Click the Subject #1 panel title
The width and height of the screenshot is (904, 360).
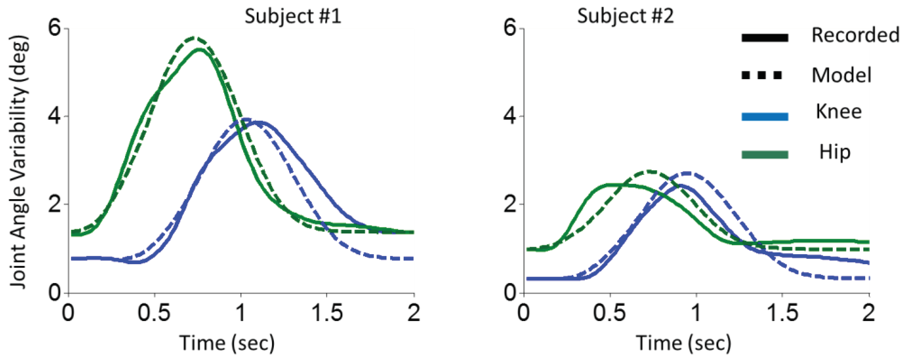293,16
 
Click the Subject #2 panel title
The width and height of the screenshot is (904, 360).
625,16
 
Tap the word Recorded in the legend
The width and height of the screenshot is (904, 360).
855,35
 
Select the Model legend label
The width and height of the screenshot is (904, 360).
841,75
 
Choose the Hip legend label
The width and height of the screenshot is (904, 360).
835,152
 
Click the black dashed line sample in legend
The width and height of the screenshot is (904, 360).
762,75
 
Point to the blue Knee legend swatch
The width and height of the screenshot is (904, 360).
765,117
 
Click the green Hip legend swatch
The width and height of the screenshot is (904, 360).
765,155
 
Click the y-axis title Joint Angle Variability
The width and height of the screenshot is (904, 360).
18,162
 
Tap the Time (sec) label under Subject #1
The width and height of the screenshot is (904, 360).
227,343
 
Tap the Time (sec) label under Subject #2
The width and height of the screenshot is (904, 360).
684,343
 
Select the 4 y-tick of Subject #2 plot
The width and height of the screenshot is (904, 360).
510,116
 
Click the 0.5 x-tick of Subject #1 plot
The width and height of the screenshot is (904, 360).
154,313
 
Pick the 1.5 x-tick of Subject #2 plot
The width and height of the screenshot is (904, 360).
782,313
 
